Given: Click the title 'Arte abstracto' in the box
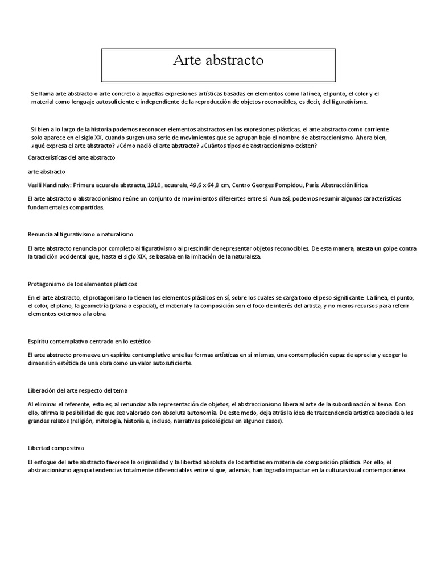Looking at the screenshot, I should coord(218,61).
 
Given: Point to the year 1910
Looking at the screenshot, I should coord(153,185).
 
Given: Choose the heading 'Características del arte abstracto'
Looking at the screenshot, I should coord(71,157).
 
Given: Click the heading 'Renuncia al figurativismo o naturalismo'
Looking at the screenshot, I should coord(80,234).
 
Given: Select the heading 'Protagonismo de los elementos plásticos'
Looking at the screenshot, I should coord(82,284).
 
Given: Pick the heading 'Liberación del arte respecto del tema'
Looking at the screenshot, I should coord(77,390).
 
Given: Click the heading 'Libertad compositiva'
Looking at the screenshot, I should coord(55,448).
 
